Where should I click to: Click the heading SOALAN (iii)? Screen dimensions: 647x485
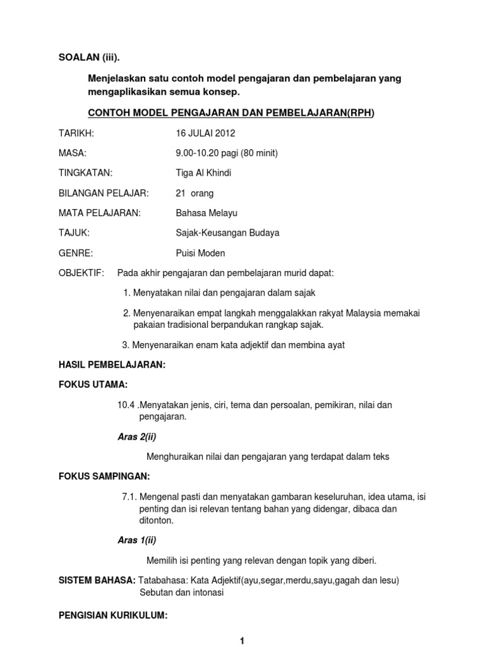pos(88,58)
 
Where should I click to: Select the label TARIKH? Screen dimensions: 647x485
pos(76,133)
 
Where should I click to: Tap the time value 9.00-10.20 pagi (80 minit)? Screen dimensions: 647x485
pos(227,153)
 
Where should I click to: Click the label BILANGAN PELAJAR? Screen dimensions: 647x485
pos(104,193)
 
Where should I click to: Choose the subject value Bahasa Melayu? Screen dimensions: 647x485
pos(207,213)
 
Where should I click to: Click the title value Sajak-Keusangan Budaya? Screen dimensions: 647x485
pos(227,233)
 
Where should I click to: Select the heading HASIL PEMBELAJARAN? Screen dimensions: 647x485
pos(112,365)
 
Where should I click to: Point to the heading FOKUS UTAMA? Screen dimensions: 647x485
pos(92,384)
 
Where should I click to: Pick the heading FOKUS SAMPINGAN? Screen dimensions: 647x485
pos(104,476)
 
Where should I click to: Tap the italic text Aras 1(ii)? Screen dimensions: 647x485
pos(137,540)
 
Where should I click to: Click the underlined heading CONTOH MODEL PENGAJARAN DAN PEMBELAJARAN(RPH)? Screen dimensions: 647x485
pos(230,113)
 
